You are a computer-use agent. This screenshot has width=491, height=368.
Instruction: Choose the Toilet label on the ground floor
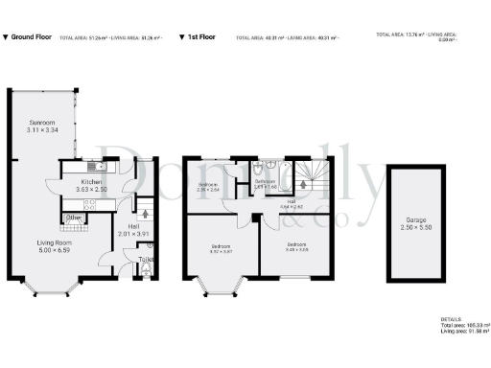[147, 259]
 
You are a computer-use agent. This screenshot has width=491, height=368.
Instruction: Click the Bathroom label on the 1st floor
[265, 181]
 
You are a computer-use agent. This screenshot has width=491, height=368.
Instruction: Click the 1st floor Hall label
[291, 201]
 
